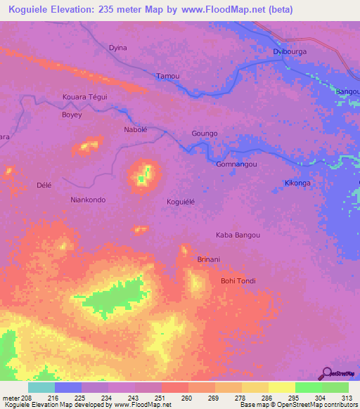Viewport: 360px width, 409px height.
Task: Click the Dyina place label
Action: click(x=118, y=48)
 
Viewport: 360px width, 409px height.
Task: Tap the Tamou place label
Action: click(x=167, y=76)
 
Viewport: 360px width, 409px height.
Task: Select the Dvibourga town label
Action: click(x=290, y=51)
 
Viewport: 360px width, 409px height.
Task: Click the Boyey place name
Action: click(x=72, y=115)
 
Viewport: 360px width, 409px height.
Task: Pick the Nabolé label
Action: click(x=136, y=130)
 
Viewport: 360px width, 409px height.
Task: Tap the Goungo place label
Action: click(x=205, y=133)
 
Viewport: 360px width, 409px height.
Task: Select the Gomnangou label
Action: click(x=236, y=164)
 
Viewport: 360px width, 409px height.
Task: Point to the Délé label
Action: click(x=44, y=185)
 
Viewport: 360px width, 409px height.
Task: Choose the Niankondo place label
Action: click(x=89, y=200)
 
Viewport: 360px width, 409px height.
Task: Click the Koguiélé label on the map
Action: click(x=185, y=202)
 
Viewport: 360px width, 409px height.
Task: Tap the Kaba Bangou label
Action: click(x=238, y=235)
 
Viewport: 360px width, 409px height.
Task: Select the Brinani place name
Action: click(x=209, y=259)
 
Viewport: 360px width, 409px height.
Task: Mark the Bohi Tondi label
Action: click(x=238, y=281)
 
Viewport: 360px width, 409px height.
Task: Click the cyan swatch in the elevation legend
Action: click(x=41, y=387)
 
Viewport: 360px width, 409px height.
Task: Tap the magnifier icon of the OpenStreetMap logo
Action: click(x=326, y=373)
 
